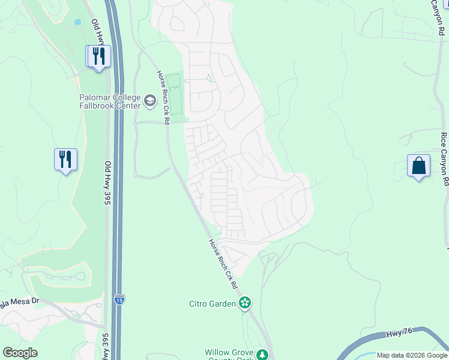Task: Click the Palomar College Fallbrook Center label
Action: (110, 102)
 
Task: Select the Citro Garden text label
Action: (212, 304)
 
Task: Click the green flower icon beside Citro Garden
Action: (244, 303)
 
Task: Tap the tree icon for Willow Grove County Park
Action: (262, 354)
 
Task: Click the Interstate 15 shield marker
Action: (120, 299)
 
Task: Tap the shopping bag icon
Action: (418, 166)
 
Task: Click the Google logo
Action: (20, 353)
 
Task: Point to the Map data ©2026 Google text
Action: (412, 355)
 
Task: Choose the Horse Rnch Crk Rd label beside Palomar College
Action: (163, 97)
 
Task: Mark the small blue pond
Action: (77, 23)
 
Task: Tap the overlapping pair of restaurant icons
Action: (96, 56)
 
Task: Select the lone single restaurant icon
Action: (65, 160)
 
